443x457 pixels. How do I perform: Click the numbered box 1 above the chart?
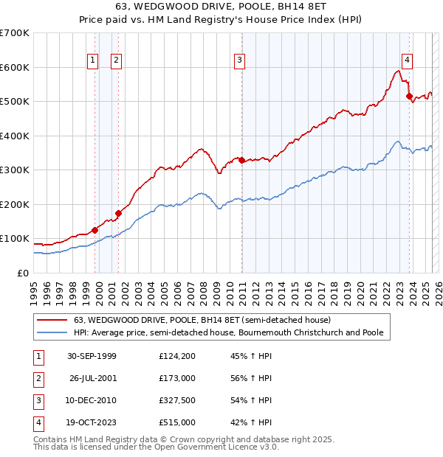point(94,61)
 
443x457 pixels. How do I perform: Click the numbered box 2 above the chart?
point(117,61)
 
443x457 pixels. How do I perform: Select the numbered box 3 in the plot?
point(240,61)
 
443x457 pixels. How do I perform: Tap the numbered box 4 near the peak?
point(407,61)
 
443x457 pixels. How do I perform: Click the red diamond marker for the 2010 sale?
point(241,160)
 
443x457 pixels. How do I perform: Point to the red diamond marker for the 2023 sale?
point(409,96)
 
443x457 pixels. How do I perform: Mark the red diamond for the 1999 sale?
point(95,230)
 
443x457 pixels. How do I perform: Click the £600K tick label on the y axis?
point(15,67)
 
